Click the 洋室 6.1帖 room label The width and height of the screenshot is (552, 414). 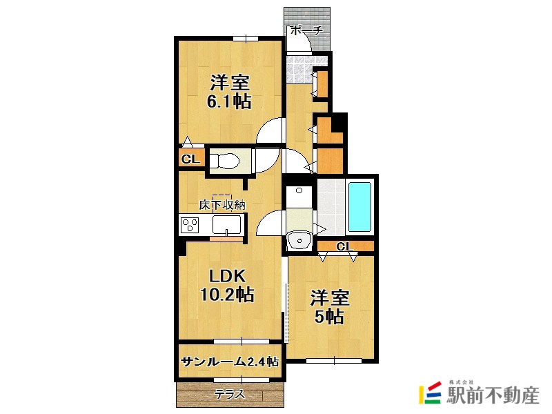click(x=230, y=92)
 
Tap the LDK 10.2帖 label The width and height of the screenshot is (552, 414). click(x=227, y=285)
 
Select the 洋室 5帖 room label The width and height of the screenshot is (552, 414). click(x=330, y=307)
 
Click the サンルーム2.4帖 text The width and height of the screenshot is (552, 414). click(x=230, y=362)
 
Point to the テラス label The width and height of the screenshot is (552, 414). click(x=230, y=395)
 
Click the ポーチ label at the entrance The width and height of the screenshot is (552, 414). click(x=306, y=30)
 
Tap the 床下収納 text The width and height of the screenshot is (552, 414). click(x=222, y=205)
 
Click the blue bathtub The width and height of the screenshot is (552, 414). click(x=359, y=206)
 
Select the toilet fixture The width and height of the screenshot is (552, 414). click(x=226, y=161)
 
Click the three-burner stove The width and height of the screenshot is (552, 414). click(x=189, y=225)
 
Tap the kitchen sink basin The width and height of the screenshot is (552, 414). click(x=227, y=225)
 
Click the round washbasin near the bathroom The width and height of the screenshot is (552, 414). click(x=299, y=240)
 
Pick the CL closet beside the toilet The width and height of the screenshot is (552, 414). click(x=190, y=159)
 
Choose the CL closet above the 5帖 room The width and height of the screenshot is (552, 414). click(x=345, y=246)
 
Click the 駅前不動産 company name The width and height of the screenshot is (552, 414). click(x=493, y=395)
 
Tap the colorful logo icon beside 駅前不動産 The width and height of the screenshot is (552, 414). click(x=430, y=392)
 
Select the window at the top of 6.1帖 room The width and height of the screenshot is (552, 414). click(x=246, y=39)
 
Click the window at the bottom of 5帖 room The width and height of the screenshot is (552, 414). click(x=334, y=360)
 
